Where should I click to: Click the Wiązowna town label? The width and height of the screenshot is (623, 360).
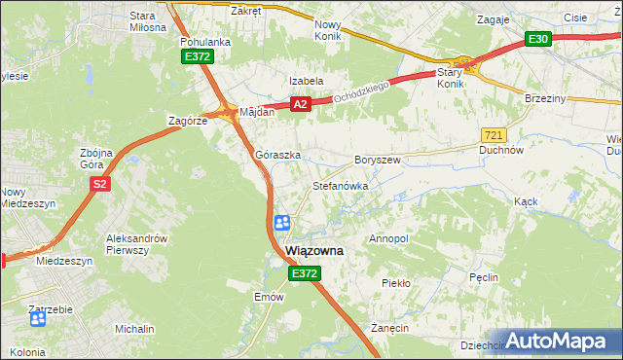pos(314,250)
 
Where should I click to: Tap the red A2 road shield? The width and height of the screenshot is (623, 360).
pos(300,104)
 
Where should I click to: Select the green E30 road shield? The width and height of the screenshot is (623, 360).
pos(538,39)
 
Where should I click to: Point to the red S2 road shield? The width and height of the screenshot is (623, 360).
pos(98,183)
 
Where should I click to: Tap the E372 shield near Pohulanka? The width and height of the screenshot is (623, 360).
pos(197,57)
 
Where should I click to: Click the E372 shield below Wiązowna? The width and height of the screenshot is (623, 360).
pos(304,275)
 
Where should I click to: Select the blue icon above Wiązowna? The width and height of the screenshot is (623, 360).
pos(281,224)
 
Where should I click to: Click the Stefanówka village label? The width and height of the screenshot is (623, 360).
pos(339,185)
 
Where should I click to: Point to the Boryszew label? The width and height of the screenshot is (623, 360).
pos(378,159)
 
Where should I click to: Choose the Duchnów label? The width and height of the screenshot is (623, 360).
pos(502,151)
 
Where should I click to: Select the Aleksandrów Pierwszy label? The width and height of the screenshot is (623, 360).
pos(137,244)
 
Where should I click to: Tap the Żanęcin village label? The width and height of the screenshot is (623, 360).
pos(389,329)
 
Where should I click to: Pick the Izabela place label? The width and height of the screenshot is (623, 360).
pos(305,81)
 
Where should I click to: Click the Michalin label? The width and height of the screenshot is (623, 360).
pos(134,330)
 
